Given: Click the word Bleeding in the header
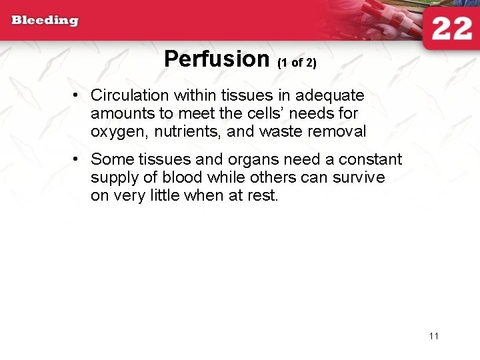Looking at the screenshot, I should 45,20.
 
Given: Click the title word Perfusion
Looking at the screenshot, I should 216,59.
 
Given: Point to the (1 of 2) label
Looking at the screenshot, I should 296,63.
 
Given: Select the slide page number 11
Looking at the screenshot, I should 434,336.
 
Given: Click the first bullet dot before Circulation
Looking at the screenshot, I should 77,95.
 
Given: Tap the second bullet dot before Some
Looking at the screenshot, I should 77,159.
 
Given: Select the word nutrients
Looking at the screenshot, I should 188,132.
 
